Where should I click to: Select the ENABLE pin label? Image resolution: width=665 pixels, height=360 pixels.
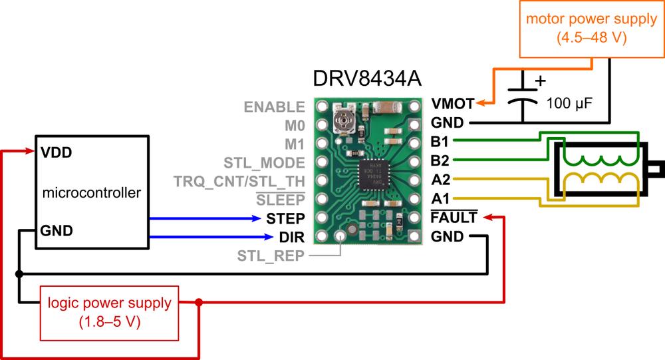(x=275, y=106)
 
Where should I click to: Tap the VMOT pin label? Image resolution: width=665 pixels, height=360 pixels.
(x=453, y=104)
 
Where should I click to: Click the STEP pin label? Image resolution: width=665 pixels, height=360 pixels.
(x=285, y=218)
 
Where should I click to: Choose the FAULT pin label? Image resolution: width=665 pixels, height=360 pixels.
(x=454, y=218)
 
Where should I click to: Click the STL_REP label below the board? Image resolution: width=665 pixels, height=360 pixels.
(x=271, y=256)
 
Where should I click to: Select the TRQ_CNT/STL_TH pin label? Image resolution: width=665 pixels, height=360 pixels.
(x=239, y=181)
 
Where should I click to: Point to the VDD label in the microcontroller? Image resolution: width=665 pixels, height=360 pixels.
(x=56, y=152)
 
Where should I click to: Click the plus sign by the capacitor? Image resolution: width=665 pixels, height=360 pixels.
(x=540, y=81)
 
